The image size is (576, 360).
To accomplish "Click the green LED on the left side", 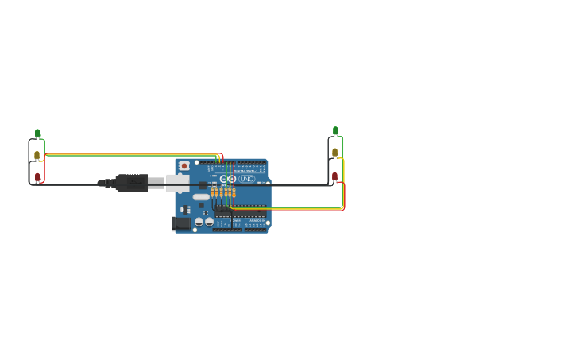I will tap(37, 134).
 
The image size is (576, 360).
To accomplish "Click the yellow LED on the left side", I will tap(37, 155).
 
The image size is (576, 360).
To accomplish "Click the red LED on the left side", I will tap(37, 176).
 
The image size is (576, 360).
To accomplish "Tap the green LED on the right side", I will tap(335, 131).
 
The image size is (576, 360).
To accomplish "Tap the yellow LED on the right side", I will tap(335, 152).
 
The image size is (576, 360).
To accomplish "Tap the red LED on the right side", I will tap(335, 176).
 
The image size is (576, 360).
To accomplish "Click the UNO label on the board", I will tap(247, 179).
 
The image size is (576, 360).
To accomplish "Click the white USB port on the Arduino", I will tap(176, 184).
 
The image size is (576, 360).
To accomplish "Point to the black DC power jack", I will tap(182, 223).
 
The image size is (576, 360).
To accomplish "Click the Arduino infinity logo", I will tap(228, 179).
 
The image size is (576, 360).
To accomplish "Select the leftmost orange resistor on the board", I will tap(213, 192).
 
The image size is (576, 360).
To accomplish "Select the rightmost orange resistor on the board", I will tap(233, 192).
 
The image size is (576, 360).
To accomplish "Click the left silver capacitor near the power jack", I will tap(199, 222).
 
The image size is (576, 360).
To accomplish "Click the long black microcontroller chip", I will tap(240, 213).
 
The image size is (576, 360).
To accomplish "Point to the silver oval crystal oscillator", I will tap(202, 196).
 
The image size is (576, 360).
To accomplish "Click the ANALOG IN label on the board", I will tap(257, 220).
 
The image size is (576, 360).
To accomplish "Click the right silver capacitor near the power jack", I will tap(209, 222).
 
